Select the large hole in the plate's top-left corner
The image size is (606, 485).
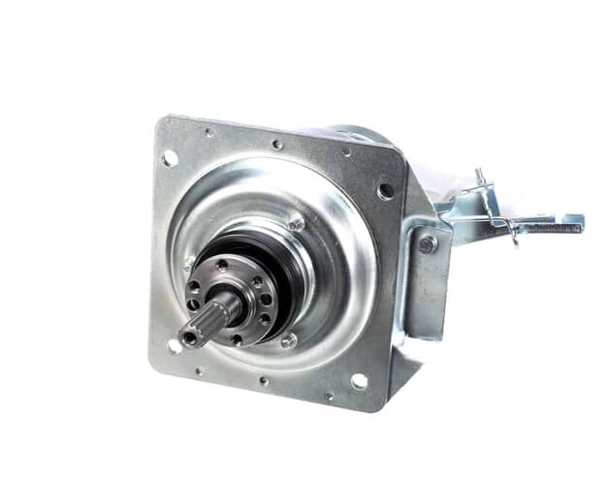coord(170,157)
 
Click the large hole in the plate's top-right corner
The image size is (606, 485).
coord(386,191)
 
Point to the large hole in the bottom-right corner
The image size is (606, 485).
coord(359,381)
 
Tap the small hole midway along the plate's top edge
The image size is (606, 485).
coord(277,145)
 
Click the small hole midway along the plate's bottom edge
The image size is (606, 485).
coord(263,381)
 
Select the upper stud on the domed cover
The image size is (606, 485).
coord(296,223)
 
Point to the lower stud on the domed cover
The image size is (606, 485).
coord(288,339)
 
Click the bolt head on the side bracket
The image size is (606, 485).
coord(427,244)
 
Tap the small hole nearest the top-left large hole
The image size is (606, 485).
coord(207,132)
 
